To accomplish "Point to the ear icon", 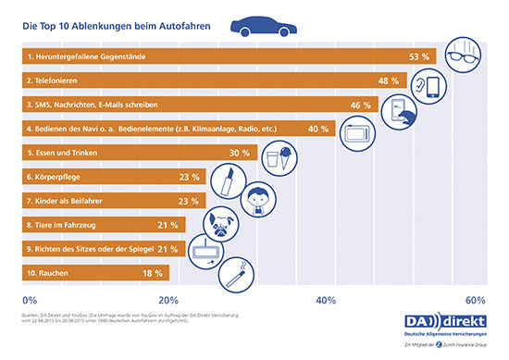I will coord(439,82).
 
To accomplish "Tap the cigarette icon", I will coord(231,272).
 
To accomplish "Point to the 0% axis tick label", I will coord(29,299).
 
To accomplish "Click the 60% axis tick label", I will coord(476,299).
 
